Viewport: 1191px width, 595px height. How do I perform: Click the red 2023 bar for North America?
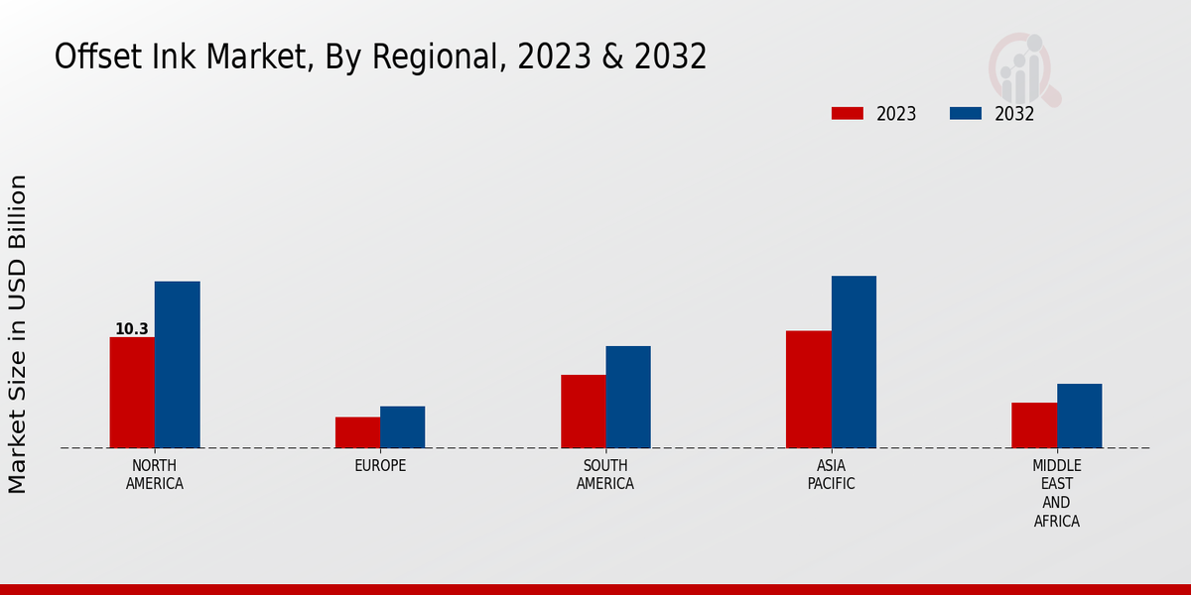click(x=132, y=393)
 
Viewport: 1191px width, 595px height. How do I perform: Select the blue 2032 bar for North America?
click(x=177, y=365)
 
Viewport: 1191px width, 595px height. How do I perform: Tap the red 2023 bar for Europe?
click(x=357, y=432)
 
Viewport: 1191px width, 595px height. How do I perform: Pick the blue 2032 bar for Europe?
click(x=402, y=427)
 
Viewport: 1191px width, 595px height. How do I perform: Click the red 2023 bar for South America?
click(x=583, y=412)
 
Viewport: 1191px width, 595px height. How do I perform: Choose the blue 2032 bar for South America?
click(x=628, y=397)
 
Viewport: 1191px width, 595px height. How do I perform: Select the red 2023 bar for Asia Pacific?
click(x=808, y=389)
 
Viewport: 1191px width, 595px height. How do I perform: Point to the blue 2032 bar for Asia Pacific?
click(x=854, y=362)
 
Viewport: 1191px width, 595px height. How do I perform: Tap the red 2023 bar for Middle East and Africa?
click(x=1033, y=425)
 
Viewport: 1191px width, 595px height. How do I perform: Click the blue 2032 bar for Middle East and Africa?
click(x=1079, y=416)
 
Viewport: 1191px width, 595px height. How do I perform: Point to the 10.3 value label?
click(x=131, y=329)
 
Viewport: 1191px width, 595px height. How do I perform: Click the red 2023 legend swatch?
click(x=848, y=114)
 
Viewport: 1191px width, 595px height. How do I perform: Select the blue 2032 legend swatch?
click(x=965, y=114)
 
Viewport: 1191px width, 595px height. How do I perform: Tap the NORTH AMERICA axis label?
click(x=155, y=475)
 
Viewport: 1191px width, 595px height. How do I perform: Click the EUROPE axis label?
click(x=380, y=466)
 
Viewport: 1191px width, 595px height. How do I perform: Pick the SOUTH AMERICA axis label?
click(x=605, y=475)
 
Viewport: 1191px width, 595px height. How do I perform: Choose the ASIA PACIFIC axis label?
click(x=831, y=475)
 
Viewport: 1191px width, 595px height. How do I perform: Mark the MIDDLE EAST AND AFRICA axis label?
click(x=1056, y=494)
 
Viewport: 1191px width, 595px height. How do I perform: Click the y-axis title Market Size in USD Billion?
click(x=18, y=333)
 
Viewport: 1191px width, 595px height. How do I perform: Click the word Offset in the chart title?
click(x=87, y=58)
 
